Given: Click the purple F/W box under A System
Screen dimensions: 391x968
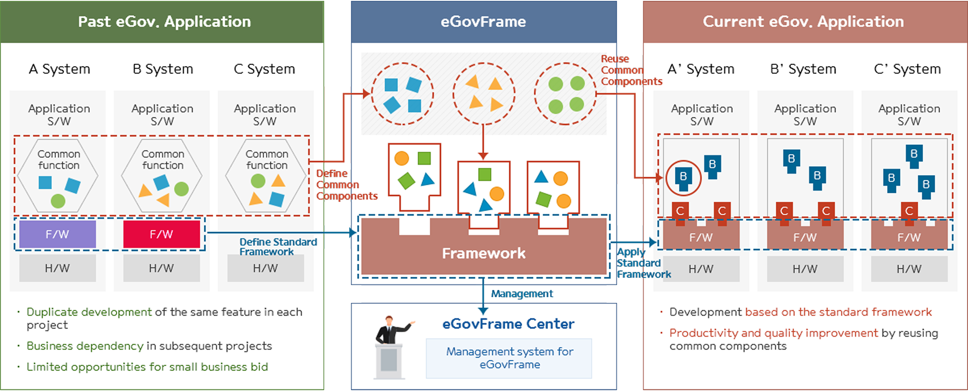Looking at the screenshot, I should pos(57,234).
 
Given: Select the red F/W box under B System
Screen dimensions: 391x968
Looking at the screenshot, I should pos(161,234).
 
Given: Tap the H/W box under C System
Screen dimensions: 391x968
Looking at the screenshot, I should pos(265,268).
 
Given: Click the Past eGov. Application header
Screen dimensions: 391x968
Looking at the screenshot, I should pos(164,21).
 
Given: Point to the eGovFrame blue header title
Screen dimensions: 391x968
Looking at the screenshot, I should pos(483,21).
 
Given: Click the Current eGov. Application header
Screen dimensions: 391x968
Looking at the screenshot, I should pos(803,21).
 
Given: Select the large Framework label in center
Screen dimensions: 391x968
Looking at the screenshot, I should pos(484,253).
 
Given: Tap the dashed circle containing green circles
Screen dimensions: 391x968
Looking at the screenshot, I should pos(565,94).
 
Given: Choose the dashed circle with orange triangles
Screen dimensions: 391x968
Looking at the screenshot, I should pos(484,94).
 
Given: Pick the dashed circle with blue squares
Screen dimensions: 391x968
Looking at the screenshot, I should pos(402,94).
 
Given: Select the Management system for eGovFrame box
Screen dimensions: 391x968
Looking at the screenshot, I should pos(509,358).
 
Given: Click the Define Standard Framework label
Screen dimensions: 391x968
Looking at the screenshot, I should pos(278,247).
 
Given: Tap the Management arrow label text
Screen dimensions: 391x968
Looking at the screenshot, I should pos(522,294).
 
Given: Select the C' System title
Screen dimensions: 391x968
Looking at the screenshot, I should pos(907,69).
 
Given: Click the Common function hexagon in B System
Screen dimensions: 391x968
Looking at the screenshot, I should pos(162,176).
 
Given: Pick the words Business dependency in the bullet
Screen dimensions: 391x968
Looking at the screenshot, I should pos(85,346).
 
